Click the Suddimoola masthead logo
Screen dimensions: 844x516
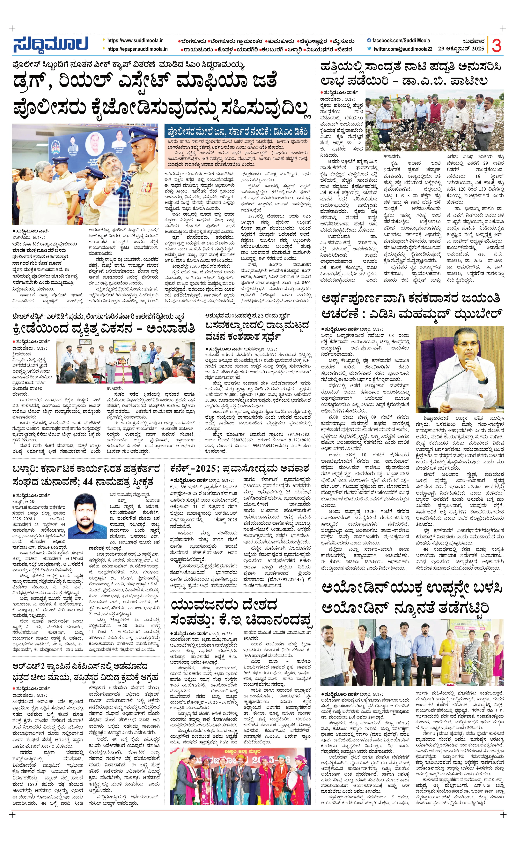(x=51, y=45)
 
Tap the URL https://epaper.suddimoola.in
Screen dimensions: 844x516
(x=137, y=49)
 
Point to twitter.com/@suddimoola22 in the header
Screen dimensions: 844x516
(x=402, y=49)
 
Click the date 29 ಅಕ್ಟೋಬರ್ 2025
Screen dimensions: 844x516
(x=461, y=49)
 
